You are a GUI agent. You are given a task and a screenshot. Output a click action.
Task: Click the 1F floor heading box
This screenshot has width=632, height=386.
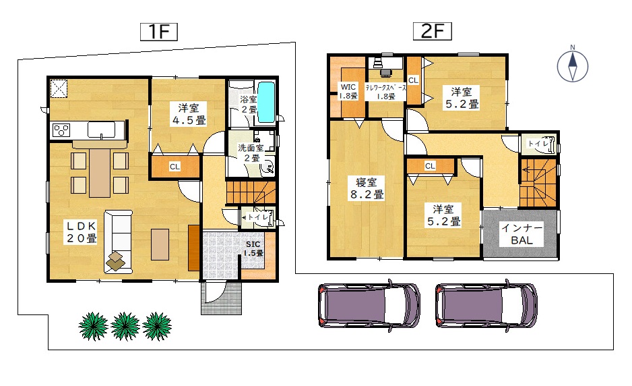pyautogui.click(x=159, y=32)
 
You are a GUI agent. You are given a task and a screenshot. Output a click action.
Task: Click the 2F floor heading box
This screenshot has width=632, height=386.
pyautogui.click(x=433, y=31)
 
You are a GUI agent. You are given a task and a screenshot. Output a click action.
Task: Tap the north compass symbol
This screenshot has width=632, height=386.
pyautogui.click(x=572, y=65)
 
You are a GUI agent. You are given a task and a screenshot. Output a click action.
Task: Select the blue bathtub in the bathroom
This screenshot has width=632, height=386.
pyautogui.click(x=266, y=102)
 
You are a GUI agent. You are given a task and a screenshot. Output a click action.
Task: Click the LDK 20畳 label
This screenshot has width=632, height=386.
pyautogui.click(x=81, y=231)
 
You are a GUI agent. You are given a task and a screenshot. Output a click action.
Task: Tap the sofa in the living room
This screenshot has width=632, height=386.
pyautogui.click(x=118, y=241)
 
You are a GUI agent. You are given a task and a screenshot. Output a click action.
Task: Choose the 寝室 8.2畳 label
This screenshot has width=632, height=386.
pyautogui.click(x=367, y=188)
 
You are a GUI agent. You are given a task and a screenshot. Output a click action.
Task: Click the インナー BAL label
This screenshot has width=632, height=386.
pyautogui.click(x=522, y=234)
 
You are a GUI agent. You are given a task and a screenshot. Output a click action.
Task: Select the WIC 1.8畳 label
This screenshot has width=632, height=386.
pyautogui.click(x=348, y=91)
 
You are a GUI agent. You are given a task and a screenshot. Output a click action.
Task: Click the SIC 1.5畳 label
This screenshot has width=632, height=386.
pyautogui.click(x=253, y=249)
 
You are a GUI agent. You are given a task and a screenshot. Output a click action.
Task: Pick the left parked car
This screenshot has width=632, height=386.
pyautogui.click(x=369, y=305)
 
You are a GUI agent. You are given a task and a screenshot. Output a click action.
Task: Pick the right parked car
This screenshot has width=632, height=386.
pyautogui.click(x=486, y=305)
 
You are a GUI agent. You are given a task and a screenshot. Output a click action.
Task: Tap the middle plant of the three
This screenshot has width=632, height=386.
pyautogui.click(x=125, y=326)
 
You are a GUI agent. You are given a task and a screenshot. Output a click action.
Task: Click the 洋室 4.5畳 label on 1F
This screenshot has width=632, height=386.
pyautogui.click(x=189, y=114)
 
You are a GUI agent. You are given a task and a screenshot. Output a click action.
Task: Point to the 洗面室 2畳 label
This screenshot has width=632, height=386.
pyautogui.click(x=251, y=153)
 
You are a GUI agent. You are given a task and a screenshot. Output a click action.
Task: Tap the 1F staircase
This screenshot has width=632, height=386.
pyautogui.click(x=251, y=192)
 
